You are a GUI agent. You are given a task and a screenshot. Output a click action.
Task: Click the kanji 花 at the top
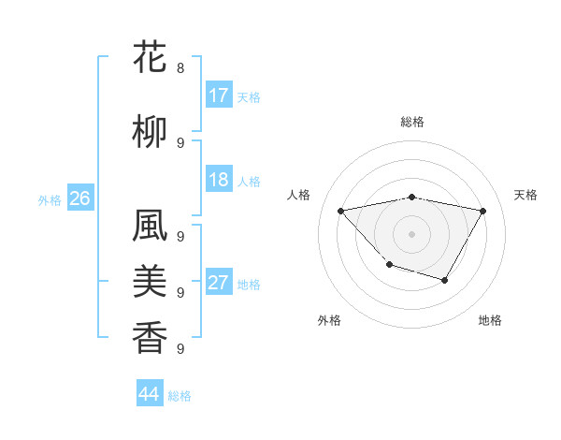coord(151,58)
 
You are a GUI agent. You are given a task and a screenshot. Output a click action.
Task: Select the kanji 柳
coord(151,133)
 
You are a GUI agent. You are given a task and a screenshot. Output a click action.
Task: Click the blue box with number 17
coord(219,95)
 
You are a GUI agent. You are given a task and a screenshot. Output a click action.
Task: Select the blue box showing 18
coord(219,180)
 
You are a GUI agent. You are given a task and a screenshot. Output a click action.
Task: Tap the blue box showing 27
coord(219,283)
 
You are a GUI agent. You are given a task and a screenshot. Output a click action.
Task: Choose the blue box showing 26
coord(79,198)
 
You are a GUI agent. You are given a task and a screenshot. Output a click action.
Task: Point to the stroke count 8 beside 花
coord(180,68)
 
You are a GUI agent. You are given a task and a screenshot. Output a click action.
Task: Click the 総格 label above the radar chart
coord(412,122)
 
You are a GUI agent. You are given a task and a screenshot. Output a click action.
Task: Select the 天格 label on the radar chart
coord(525,195)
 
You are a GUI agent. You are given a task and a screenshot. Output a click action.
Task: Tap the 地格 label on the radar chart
coord(490,320)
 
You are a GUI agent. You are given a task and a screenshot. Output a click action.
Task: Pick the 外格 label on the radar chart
coord(329,320)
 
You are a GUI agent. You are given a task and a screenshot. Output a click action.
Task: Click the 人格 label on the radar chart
coord(299,195)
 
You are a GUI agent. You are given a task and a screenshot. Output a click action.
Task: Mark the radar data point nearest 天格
coord(482,212)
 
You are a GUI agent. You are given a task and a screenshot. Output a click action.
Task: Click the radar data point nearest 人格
coord(341,212)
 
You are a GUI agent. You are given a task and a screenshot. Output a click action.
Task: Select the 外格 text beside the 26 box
coord(50,199)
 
